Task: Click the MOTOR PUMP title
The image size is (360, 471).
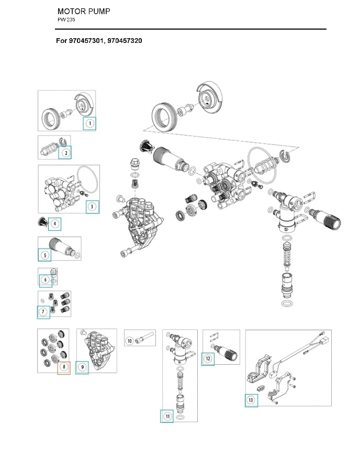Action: tap(83, 11)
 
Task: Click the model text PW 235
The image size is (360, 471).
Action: tap(66, 20)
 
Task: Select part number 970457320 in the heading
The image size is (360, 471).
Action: tap(125, 40)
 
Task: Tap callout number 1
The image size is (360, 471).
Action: tap(89, 124)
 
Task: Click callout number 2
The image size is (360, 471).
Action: tap(65, 153)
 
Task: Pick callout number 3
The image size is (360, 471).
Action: tap(92, 206)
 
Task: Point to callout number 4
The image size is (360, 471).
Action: tap(55, 224)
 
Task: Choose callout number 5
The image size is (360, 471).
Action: tap(45, 255)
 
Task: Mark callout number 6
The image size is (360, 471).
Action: tap(46, 281)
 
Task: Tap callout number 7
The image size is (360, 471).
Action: tap(43, 312)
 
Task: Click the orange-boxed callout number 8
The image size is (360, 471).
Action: tap(63, 367)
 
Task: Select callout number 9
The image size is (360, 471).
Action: tap(82, 367)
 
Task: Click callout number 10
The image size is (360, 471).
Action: tap(130, 341)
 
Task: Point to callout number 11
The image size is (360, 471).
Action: tap(167, 416)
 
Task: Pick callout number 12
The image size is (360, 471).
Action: tap(208, 359)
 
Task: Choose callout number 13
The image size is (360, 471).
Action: tap(251, 400)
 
